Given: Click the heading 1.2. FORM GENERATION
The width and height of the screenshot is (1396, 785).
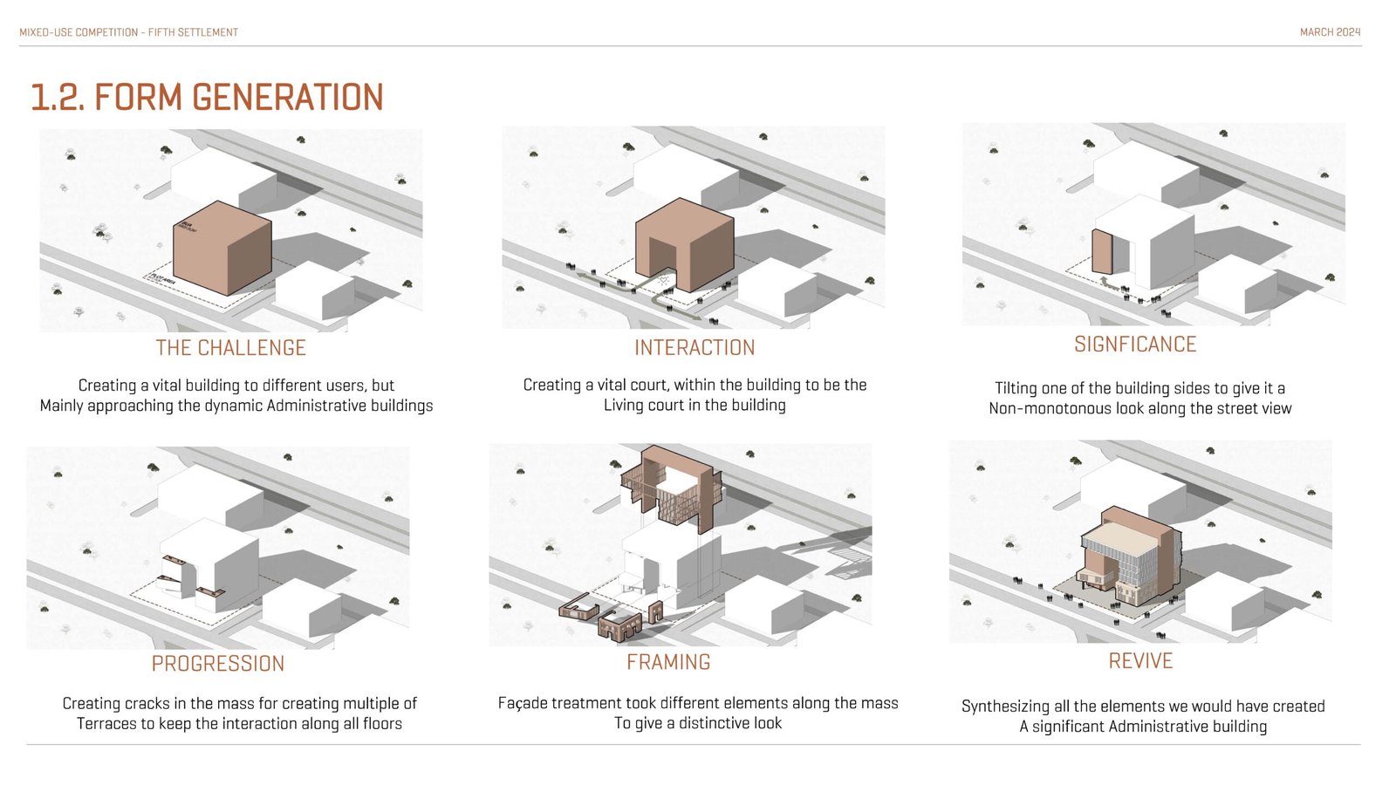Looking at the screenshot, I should [x=207, y=97].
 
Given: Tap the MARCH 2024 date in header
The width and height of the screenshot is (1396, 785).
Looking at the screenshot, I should [x=1330, y=32].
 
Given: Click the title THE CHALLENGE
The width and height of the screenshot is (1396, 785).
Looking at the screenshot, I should [x=231, y=348].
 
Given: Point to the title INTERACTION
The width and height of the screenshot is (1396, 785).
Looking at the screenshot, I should [x=695, y=348].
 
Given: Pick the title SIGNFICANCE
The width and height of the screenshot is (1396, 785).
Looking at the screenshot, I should [x=1135, y=345].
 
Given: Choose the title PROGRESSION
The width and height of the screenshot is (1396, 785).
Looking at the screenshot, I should [x=218, y=664].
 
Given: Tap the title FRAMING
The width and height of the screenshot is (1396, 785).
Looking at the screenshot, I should [x=668, y=662].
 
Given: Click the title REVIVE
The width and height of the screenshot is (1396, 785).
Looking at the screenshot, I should [x=1140, y=661].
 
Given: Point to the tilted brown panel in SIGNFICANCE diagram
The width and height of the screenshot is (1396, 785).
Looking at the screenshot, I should [x=1102, y=253].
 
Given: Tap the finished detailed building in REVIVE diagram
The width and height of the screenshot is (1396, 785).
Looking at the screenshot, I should [x=1130, y=558].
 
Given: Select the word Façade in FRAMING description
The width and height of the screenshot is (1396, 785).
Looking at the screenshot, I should [x=523, y=703].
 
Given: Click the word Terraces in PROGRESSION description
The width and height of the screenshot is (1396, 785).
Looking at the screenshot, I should [x=106, y=724].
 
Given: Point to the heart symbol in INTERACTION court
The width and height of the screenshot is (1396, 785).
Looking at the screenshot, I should [x=664, y=281].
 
